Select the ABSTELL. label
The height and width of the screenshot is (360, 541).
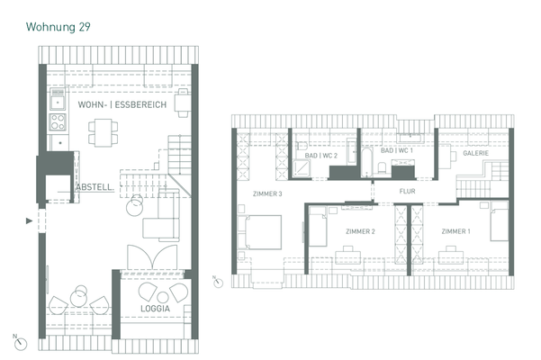point(95,187)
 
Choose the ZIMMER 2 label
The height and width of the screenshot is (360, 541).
point(360,232)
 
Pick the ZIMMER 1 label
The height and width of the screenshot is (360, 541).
point(455,232)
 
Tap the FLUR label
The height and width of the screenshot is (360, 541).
point(408,192)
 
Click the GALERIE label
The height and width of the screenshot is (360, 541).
point(475,154)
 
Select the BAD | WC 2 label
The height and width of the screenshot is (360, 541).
point(321,156)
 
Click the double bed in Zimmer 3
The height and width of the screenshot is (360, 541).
point(263,232)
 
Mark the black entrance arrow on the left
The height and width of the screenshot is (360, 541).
point(31,220)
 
